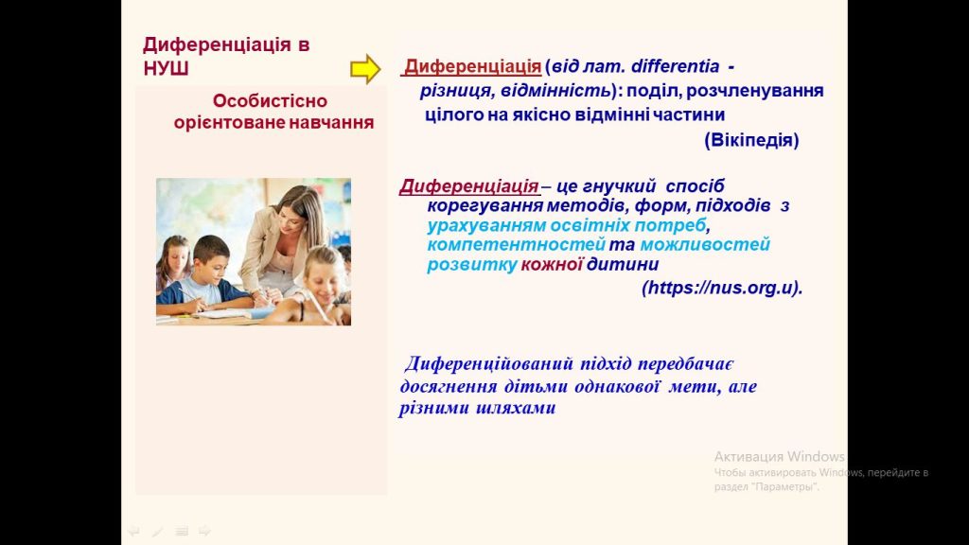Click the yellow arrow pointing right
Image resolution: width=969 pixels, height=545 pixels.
365,68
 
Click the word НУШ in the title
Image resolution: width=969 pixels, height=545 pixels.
166,68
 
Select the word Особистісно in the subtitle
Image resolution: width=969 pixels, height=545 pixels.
270,100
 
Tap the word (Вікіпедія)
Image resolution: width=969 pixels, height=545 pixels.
751,140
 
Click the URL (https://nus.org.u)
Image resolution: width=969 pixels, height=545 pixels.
722,288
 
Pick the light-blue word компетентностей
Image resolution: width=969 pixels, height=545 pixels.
516,245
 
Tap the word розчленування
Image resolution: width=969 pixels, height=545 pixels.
754,91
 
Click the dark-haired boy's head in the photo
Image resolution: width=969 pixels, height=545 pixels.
210,255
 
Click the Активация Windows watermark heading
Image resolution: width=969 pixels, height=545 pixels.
780,457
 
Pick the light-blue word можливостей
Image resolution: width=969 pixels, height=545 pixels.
705,245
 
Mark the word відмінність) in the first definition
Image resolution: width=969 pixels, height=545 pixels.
559,91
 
